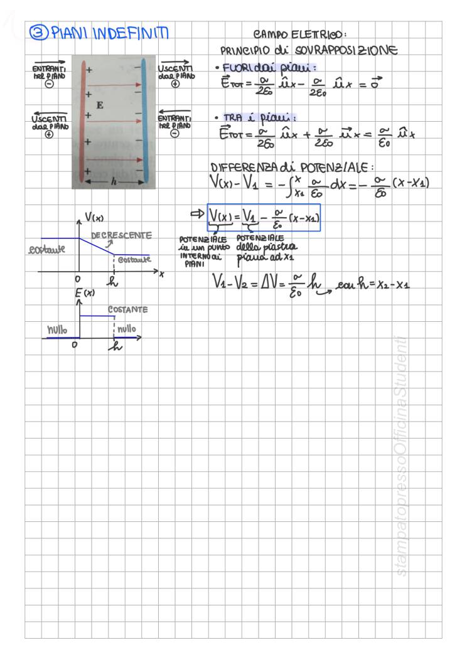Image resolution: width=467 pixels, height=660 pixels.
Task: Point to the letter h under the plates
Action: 113,182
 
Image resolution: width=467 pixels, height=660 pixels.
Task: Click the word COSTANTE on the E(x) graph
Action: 127,310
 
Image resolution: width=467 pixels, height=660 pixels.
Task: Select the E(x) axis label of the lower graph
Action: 85,293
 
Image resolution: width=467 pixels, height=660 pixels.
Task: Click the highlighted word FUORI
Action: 234,68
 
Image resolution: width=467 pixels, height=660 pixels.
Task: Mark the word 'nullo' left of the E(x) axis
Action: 58,329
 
